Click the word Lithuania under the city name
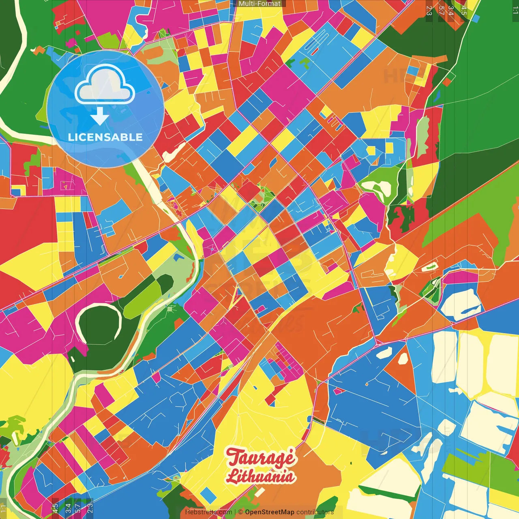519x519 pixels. pos(260,476)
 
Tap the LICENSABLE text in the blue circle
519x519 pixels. pos(105,137)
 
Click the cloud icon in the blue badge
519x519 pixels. pos(105,85)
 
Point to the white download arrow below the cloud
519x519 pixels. pos(100,116)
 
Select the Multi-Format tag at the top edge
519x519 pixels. pos(259,4)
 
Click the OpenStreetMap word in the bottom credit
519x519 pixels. pos(269,512)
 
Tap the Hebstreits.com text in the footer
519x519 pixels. pos(208,512)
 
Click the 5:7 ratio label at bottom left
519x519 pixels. pos(78,508)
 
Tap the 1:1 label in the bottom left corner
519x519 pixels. pos(4,508)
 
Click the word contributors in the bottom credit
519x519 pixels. pos(315,512)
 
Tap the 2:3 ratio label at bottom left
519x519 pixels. pos(90,508)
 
